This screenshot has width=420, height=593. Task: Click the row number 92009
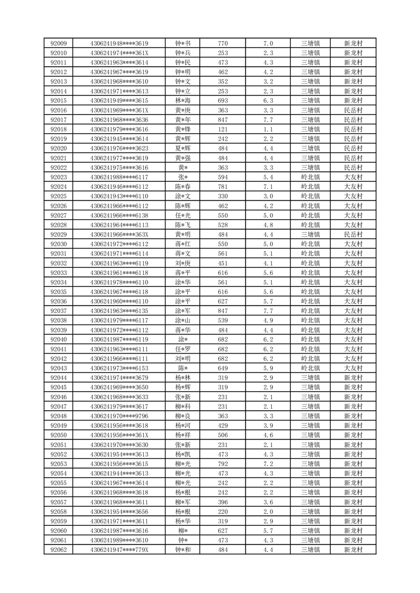[58, 43]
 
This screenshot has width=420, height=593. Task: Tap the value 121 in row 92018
[223, 129]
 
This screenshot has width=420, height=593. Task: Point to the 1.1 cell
[268, 129]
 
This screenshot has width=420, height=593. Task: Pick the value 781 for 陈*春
[223, 187]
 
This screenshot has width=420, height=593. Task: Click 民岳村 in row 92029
[353, 234]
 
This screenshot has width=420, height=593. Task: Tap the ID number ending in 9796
[120, 416]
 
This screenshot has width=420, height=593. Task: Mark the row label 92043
[58, 368]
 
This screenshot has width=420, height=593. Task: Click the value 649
[223, 368]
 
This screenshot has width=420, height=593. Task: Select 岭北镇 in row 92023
[310, 177]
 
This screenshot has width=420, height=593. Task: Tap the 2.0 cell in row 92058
[268, 512]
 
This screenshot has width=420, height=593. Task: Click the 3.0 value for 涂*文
[268, 196]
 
